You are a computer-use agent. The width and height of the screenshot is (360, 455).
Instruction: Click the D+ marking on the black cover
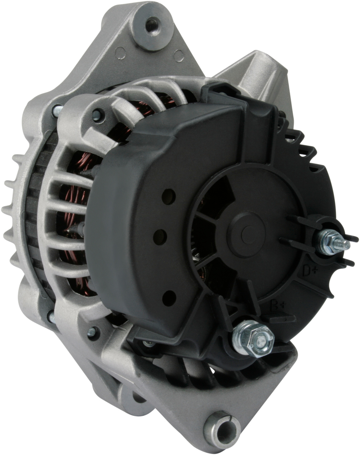(310, 271)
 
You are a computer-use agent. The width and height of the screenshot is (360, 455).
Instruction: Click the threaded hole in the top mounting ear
(153, 22)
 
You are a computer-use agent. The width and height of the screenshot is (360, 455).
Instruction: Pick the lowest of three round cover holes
(169, 298)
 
